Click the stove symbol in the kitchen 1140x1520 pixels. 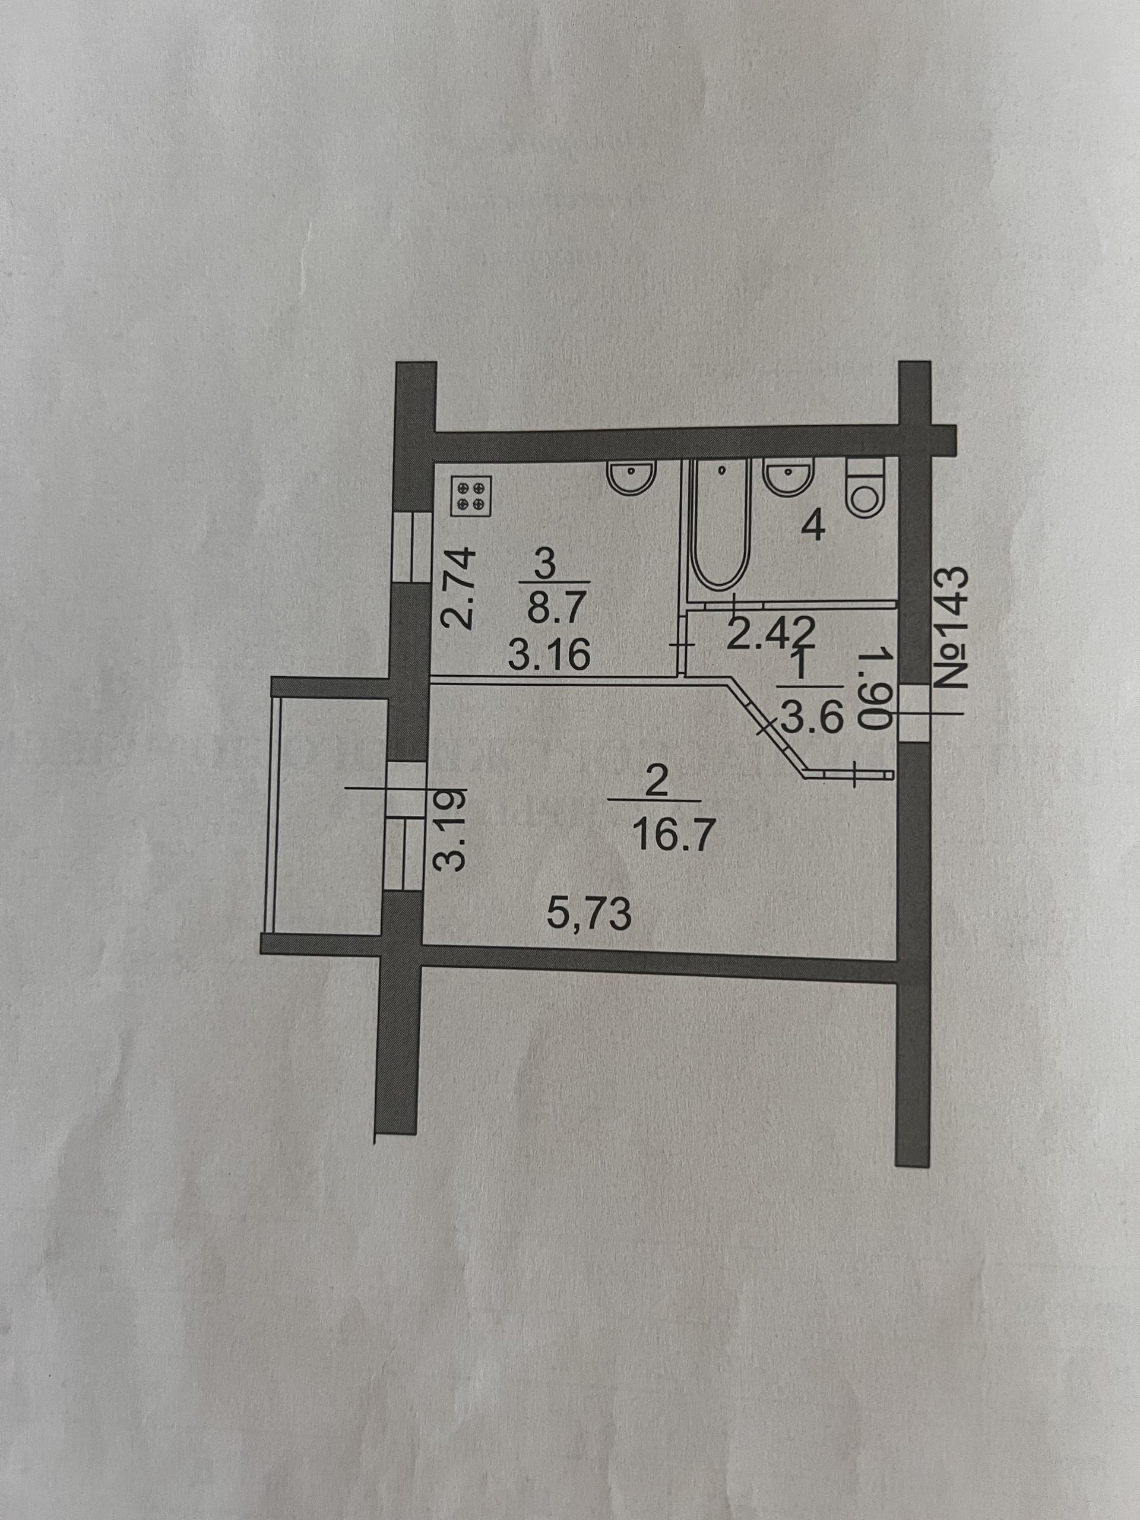click(471, 496)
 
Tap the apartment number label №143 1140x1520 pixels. click(953, 628)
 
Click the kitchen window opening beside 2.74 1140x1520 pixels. click(410, 547)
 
